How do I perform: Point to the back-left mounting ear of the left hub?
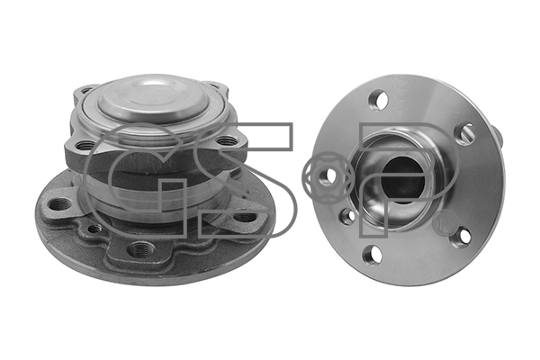pyautogui.click(x=84, y=92)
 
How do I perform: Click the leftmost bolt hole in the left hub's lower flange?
pyautogui.click(x=58, y=204)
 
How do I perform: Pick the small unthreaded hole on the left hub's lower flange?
pyautogui.click(x=95, y=229)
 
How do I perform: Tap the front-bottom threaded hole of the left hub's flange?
pyautogui.click(x=139, y=248)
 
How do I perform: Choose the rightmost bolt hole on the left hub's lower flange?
pyautogui.click(x=244, y=216)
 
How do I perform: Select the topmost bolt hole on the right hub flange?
pyautogui.click(x=378, y=100)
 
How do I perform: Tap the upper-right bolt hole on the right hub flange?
pyautogui.click(x=465, y=133)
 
